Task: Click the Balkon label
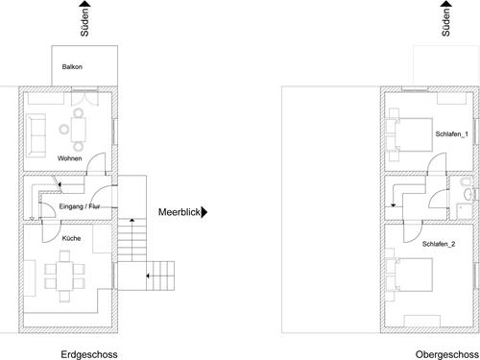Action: click(73, 68)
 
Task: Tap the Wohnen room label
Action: click(68, 157)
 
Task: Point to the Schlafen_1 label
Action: click(451, 133)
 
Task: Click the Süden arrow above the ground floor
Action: click(89, 19)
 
